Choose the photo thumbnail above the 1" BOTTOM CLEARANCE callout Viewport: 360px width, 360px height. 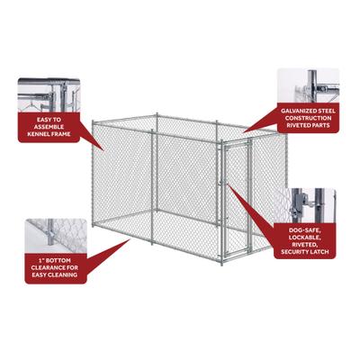click(x=52, y=231)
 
